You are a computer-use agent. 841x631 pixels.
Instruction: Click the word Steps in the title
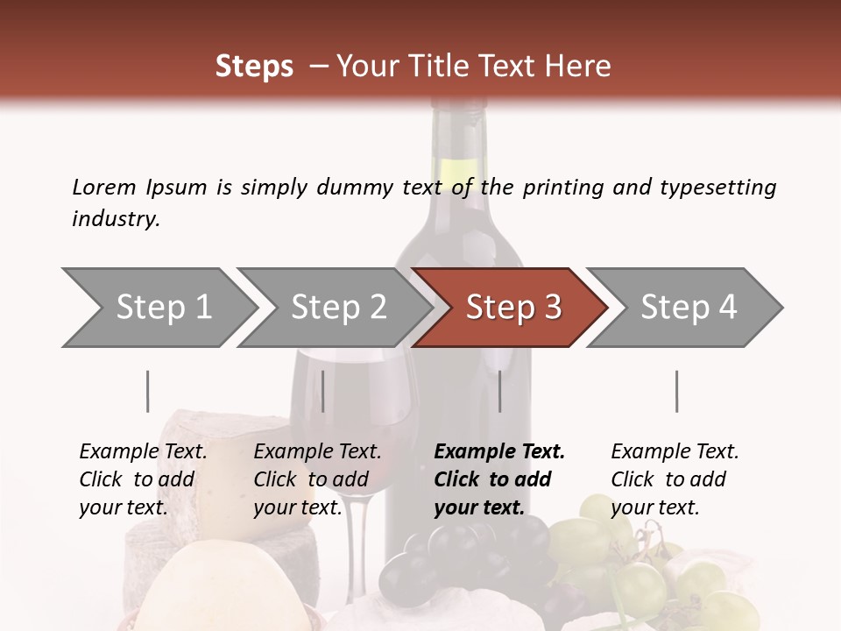point(254,67)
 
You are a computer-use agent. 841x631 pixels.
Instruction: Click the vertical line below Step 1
point(148,391)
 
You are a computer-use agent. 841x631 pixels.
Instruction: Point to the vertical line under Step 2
point(323,391)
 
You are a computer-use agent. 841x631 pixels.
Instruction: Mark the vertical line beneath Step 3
point(499,391)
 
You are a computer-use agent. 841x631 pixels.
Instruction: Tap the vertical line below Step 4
point(676,391)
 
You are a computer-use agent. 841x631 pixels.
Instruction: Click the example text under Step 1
point(143,479)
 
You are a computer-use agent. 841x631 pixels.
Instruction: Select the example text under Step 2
point(317,479)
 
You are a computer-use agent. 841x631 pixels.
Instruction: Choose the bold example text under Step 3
point(499,479)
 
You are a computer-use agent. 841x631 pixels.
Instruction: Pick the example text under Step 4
point(675,479)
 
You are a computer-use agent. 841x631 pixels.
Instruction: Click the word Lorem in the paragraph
point(104,187)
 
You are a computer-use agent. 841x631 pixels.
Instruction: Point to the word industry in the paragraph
point(115,219)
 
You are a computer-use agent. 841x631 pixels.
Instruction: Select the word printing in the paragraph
point(563,188)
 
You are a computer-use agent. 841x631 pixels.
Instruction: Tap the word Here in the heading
point(579,67)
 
